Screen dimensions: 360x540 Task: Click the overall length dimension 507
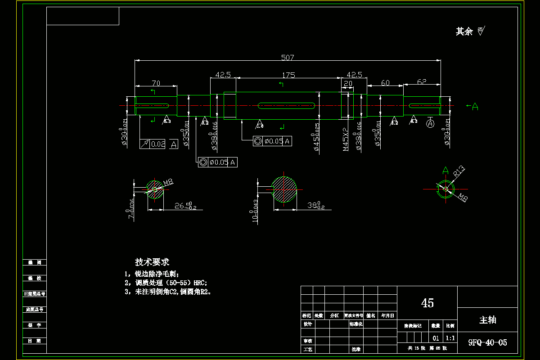pyautogui.click(x=288, y=57)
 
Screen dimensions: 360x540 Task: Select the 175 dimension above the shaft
pyautogui.click(x=288, y=75)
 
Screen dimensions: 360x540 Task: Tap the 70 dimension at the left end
pyautogui.click(x=156, y=83)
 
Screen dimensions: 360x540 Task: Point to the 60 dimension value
pyautogui.click(x=385, y=83)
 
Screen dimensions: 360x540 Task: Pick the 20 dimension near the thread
pyautogui.click(x=348, y=84)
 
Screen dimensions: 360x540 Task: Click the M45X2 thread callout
pyautogui.click(x=345, y=139)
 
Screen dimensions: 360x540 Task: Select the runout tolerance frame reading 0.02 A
pyautogui.click(x=159, y=144)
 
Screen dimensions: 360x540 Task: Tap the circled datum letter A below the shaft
pyautogui.click(x=430, y=122)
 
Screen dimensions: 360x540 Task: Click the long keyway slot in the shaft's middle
pyautogui.click(x=286, y=106)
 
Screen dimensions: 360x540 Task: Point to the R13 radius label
pyautogui.click(x=459, y=171)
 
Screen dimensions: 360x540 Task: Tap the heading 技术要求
pyautogui.click(x=152, y=262)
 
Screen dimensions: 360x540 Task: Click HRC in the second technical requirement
pyautogui.click(x=200, y=283)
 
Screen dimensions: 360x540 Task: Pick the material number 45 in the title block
pyautogui.click(x=427, y=303)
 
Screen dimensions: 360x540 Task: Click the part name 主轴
pyautogui.click(x=487, y=320)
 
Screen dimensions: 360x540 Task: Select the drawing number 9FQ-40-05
pyautogui.click(x=487, y=343)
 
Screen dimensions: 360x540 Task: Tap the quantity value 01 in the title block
pyautogui.click(x=436, y=338)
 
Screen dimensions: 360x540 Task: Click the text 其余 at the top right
pyautogui.click(x=464, y=31)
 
